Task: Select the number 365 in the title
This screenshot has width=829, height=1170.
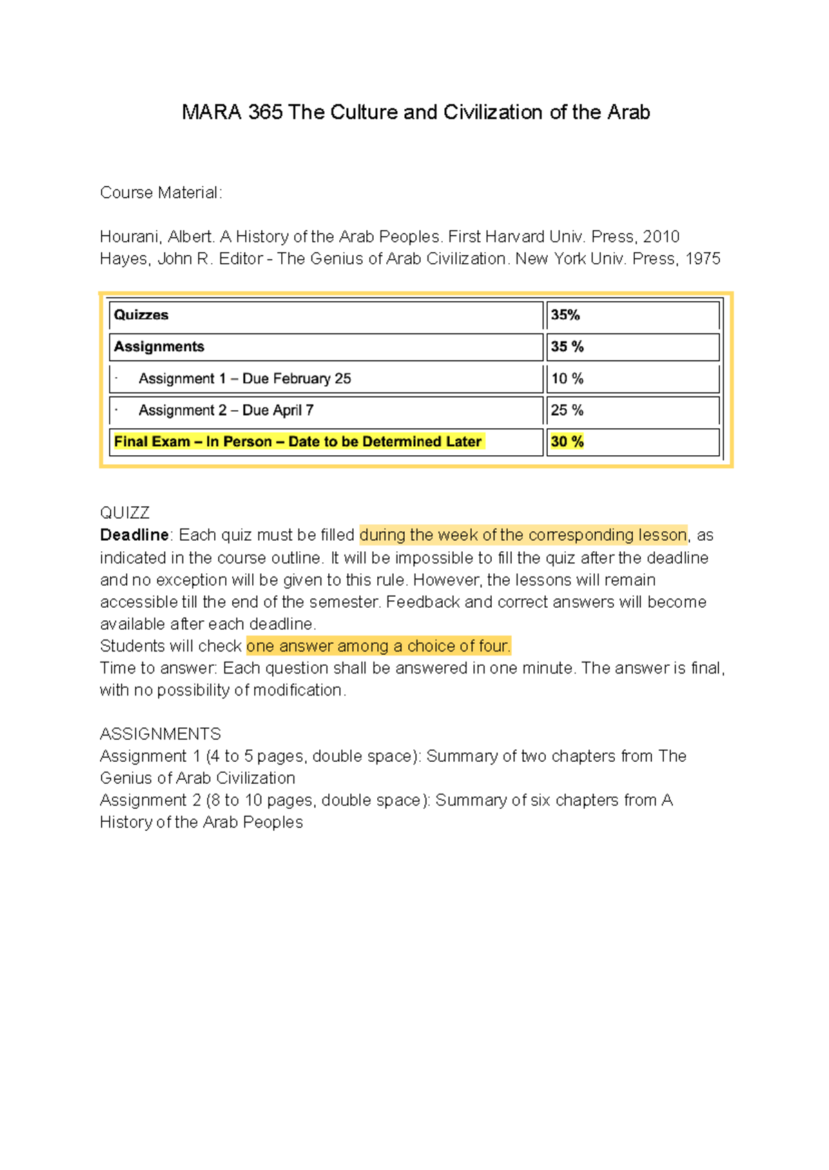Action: coord(265,112)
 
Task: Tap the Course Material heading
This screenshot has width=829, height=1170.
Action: coord(161,193)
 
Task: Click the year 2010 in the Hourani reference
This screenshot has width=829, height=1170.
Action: coord(661,237)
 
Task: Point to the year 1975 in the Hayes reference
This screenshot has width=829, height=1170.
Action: coord(702,259)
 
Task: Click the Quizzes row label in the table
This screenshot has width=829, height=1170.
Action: coord(141,315)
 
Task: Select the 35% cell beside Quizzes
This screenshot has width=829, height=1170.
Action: coord(565,315)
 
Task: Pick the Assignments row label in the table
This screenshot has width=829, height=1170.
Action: coord(159,347)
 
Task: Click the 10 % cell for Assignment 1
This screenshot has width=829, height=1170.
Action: coord(567,378)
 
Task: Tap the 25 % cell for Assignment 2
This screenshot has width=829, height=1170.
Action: coord(567,410)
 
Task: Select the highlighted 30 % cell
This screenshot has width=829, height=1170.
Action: coord(567,442)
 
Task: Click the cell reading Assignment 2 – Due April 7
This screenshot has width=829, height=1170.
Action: coord(226,410)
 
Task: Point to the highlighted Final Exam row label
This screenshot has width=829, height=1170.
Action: coord(298,442)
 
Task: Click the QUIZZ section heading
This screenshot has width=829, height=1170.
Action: coord(125,512)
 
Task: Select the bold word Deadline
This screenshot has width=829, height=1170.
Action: coord(134,535)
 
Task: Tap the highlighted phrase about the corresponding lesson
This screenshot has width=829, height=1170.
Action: coord(523,535)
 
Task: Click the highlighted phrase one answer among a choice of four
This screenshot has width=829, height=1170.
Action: coord(378,646)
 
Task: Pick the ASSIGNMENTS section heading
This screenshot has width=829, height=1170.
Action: coord(160,733)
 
